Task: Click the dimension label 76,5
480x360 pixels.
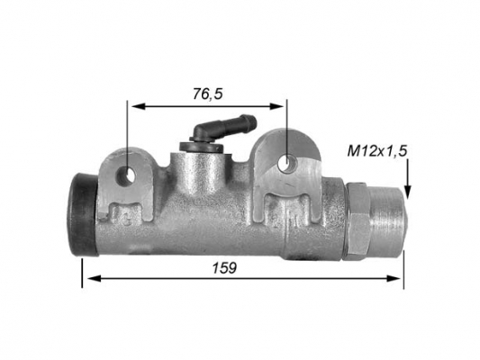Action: click(207, 94)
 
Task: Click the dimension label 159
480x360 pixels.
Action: click(225, 268)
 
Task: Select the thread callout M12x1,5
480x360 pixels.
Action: click(377, 151)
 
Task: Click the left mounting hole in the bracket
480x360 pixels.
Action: click(125, 176)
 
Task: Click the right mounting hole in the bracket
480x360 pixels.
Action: click(287, 163)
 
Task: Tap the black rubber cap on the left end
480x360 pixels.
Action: click(82, 215)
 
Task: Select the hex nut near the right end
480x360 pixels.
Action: click(358, 220)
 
